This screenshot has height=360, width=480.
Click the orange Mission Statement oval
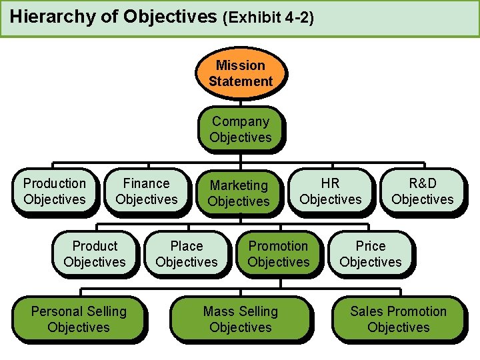[x=241, y=73]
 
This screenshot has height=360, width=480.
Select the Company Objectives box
[x=241, y=129]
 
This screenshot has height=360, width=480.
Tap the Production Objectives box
[x=55, y=191]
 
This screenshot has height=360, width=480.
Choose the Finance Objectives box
[x=147, y=191]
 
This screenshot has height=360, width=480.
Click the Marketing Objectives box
[x=239, y=193]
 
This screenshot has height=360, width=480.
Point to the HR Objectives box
[x=331, y=191]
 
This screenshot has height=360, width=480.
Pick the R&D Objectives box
[x=423, y=191]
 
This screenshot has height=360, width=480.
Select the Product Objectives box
[x=95, y=254]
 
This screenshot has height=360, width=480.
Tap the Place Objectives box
[x=187, y=254]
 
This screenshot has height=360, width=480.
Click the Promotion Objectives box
[x=279, y=254]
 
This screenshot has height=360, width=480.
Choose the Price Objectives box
[x=371, y=254]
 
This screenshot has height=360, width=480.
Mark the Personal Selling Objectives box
[x=79, y=319]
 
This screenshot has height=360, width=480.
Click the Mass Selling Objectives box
[x=241, y=319]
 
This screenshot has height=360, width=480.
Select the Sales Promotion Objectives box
[x=399, y=319]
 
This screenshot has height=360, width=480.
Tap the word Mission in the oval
[x=241, y=65]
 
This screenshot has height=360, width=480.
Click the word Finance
[x=147, y=183]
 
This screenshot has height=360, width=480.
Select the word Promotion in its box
[x=279, y=246]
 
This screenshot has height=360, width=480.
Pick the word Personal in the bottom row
[x=57, y=311]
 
